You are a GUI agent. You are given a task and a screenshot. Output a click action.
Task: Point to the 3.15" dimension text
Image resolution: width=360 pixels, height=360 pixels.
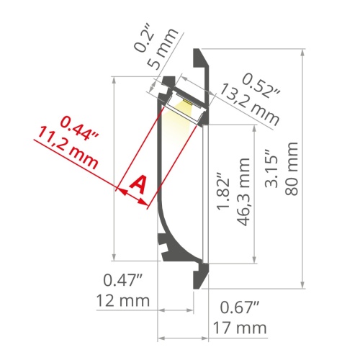271,168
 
